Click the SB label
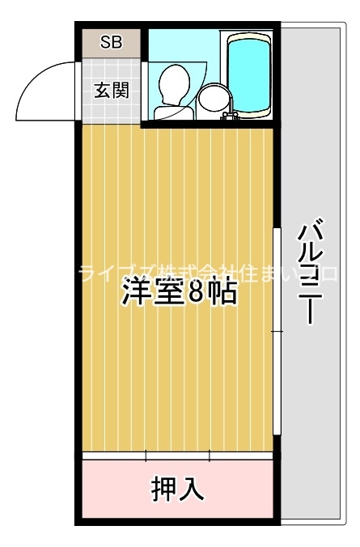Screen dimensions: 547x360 tap(111, 43)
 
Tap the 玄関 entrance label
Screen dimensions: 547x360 tap(111, 91)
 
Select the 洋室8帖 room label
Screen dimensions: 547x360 tap(179, 293)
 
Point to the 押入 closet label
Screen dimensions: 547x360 tap(177, 488)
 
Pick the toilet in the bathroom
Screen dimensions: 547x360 tap(173, 85)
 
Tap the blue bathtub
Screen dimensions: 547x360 tap(250, 74)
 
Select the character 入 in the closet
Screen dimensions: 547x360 tap(192, 488)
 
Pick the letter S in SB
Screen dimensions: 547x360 tap(105, 43)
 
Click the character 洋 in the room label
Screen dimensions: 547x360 tap(135, 293)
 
